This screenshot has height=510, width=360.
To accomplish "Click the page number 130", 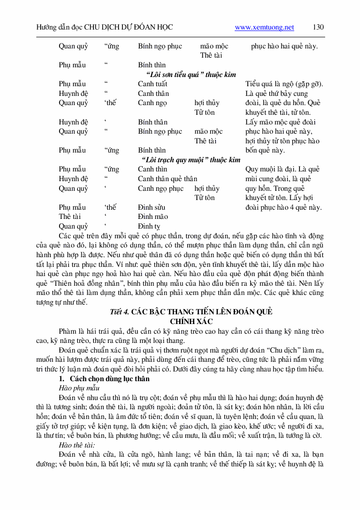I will (318, 27).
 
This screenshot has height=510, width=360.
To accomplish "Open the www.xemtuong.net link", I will (264, 28).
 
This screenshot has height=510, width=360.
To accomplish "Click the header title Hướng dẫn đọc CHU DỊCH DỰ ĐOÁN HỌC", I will (105, 28).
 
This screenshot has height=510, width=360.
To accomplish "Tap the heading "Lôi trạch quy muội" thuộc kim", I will (191, 160).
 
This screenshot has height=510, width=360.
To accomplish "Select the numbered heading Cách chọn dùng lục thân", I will (109, 378).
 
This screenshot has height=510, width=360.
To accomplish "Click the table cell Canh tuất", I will (153, 84).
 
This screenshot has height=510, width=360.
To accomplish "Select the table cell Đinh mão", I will (153, 216).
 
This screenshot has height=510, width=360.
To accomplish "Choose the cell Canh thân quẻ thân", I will (167, 179).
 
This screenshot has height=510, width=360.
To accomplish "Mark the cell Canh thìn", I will (152, 169).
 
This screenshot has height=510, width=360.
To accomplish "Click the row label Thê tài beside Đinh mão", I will (70, 216).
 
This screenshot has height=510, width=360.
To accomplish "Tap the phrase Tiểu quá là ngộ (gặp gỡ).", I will (285, 84).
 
